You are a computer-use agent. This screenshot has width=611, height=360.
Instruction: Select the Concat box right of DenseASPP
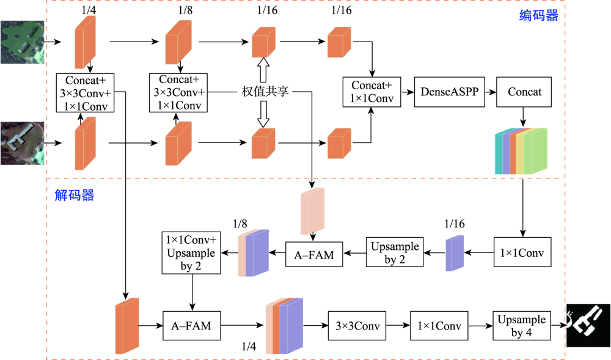tap(524, 92)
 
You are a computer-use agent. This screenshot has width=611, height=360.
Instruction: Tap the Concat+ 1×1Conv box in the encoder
tap(371, 92)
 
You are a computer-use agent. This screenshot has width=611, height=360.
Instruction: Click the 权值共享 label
tap(264, 92)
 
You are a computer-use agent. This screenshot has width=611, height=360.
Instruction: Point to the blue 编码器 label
tap(538, 16)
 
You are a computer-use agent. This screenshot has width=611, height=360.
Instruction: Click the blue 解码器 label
tap(74, 195)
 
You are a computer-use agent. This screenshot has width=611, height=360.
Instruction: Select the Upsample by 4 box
tap(521, 326)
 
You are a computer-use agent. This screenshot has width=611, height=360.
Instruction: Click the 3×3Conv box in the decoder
tap(357, 326)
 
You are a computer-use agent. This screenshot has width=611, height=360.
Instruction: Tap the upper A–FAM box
tap(314, 254)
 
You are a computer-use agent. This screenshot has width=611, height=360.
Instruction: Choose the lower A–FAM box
tap(191, 326)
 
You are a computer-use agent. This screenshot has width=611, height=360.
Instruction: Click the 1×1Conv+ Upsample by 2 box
tap(188, 253)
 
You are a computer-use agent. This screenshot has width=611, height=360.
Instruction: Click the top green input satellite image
tap(23, 42)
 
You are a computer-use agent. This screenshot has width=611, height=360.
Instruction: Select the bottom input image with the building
tap(23, 143)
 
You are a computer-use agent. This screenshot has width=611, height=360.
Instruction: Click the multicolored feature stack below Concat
tap(522, 151)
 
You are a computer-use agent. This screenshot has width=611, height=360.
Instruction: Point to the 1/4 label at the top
tap(89, 10)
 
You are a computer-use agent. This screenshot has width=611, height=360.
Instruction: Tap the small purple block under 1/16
tap(455, 254)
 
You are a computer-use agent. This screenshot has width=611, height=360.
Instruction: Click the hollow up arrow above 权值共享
tap(263, 69)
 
